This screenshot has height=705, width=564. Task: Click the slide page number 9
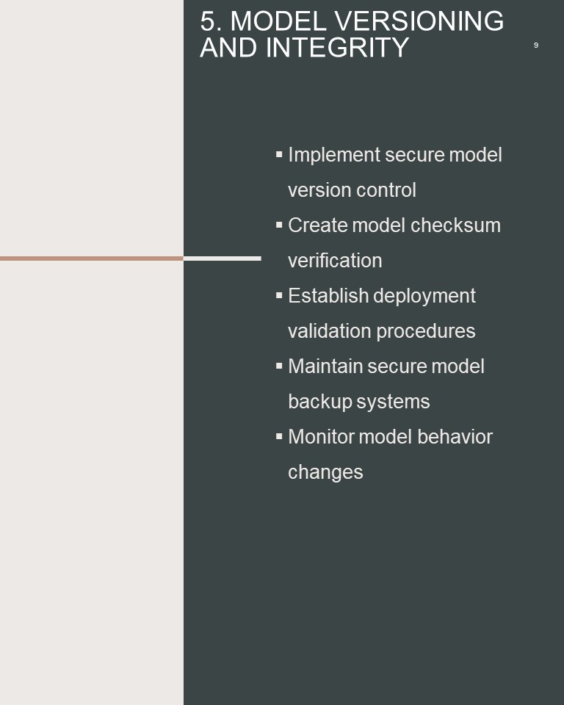point(535,45)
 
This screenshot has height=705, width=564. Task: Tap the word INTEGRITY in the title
point(337,48)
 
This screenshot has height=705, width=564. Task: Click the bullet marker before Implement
point(279,154)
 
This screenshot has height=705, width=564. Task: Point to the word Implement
point(334,156)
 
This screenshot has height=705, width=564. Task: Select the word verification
point(335,260)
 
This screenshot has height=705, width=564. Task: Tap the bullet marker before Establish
point(279,295)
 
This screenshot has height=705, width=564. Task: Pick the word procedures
point(425,332)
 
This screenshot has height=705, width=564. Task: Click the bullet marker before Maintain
point(279,366)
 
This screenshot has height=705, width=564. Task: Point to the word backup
point(320,402)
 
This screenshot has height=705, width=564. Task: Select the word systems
point(393,402)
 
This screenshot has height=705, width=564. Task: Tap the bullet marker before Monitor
point(279,436)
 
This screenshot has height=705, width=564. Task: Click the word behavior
point(455,436)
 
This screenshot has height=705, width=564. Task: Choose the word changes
point(325,472)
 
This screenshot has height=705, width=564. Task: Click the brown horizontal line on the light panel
point(92,258)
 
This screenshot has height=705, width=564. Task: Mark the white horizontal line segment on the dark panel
point(223,258)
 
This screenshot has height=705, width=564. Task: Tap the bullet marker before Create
point(279,225)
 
